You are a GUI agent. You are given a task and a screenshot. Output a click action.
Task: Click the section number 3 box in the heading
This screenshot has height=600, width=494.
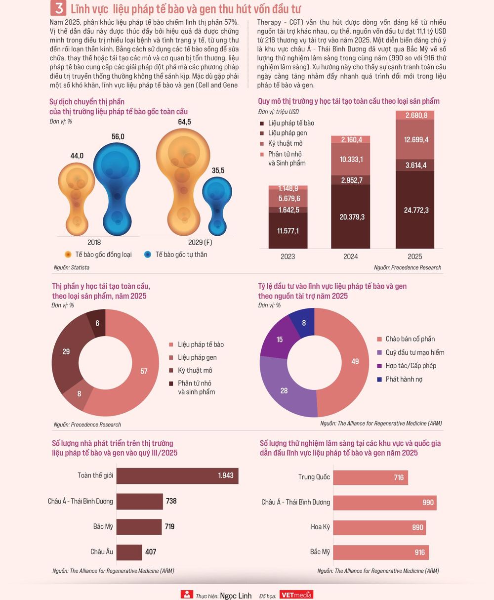point(58,8)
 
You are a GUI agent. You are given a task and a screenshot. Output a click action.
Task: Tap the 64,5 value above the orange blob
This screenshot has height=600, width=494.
point(184,122)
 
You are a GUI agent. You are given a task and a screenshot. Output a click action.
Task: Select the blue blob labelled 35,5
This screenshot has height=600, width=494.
point(217,206)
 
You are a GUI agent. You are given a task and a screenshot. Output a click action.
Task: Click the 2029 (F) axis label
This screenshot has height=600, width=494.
point(200,243)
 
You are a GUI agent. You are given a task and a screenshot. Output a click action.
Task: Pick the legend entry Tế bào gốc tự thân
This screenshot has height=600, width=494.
point(176,255)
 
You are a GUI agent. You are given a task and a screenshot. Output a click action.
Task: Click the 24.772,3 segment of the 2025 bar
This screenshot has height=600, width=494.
point(415,210)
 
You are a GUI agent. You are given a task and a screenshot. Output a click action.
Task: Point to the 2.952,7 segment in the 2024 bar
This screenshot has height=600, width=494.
point(350,180)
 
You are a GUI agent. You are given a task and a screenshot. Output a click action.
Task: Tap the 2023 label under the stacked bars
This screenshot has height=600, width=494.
point(288,257)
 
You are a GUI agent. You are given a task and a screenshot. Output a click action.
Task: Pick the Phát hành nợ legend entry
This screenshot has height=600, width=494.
point(400,379)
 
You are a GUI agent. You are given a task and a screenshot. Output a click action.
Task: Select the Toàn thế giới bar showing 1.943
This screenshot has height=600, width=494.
point(177,476)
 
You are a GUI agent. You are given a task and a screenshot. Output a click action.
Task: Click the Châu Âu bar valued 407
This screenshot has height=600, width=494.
point(129,552)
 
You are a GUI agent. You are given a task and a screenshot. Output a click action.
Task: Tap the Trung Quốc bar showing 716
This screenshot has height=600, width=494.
point(370,477)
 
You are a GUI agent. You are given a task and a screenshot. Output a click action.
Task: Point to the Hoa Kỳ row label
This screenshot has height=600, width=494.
point(320,527)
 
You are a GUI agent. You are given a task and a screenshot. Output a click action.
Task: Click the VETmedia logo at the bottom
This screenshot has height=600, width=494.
point(296,595)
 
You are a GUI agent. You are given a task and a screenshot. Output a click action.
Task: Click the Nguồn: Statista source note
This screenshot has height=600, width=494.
point(72,267)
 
